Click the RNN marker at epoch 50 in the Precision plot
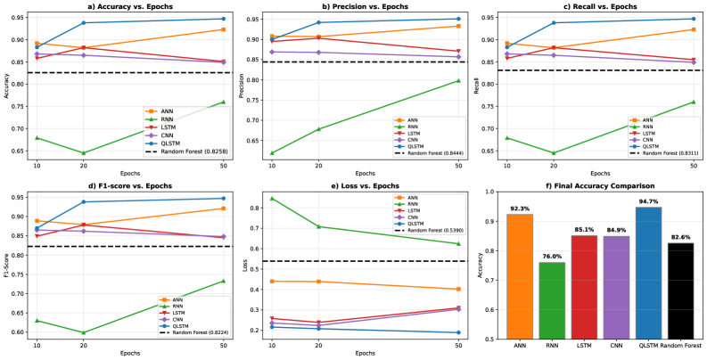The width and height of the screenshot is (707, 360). click(x=458, y=80)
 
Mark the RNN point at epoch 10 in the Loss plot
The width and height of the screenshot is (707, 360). click(x=272, y=198)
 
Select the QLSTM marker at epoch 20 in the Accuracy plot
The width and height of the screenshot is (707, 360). click(x=84, y=23)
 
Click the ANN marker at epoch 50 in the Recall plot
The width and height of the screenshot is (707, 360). click(x=693, y=29)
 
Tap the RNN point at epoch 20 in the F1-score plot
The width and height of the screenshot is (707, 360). click(x=84, y=332)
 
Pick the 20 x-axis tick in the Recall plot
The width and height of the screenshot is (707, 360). click(x=554, y=166)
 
